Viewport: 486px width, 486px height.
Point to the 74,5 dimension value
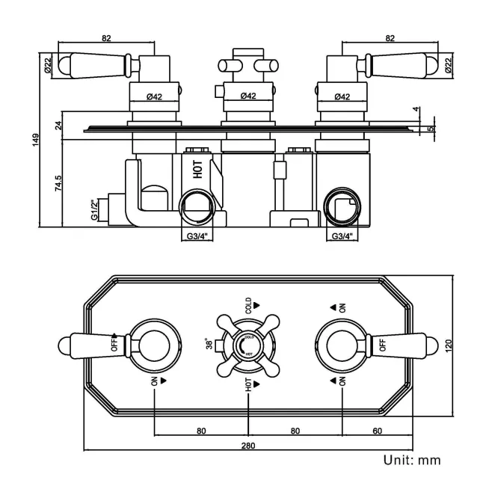[x=58, y=183]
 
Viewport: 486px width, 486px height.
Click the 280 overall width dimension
[x=248, y=446]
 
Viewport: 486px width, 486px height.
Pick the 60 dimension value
[x=376, y=431]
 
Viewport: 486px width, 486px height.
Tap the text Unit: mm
[x=412, y=460]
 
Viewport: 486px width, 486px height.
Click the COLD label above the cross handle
[x=248, y=305]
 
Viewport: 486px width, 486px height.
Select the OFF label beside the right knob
[x=382, y=345]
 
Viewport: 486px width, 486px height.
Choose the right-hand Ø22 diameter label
[x=449, y=66]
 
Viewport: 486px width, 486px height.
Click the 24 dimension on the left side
[x=58, y=125]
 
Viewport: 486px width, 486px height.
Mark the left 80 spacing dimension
[x=200, y=431]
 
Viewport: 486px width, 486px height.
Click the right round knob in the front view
[x=342, y=345]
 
